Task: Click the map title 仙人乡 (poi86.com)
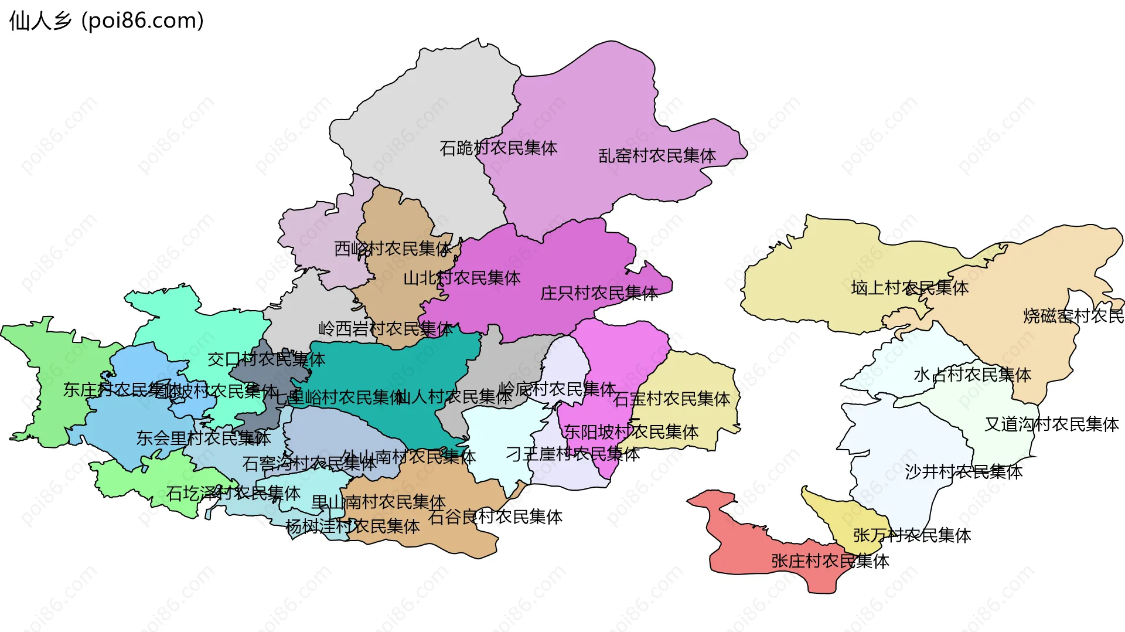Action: click(x=107, y=21)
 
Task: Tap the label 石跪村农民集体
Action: click(x=498, y=148)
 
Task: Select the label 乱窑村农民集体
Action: click(x=657, y=156)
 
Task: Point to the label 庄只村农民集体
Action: click(x=599, y=293)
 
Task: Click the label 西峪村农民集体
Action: click(x=393, y=249)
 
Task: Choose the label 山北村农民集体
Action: click(x=462, y=278)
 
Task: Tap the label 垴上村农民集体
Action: click(x=909, y=288)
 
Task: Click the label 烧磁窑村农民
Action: click(x=1073, y=316)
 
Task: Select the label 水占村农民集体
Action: click(x=972, y=375)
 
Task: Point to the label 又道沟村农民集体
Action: click(x=1052, y=424)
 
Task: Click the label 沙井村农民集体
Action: click(x=964, y=472)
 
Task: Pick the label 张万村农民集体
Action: click(x=912, y=535)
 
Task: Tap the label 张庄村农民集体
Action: click(x=830, y=561)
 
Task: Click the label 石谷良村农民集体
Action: click(x=495, y=517)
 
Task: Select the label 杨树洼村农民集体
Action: click(x=352, y=526)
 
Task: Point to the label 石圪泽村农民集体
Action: click(x=233, y=494)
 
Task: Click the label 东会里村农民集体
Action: click(x=203, y=438)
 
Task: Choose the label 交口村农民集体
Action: click(x=266, y=359)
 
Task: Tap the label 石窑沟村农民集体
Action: click(x=309, y=464)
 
